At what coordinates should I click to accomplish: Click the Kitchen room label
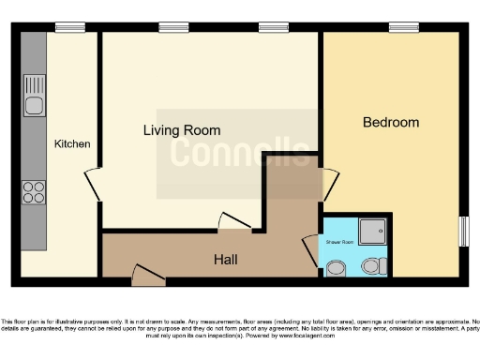tap(72, 143)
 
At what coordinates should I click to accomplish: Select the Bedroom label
tap(391, 123)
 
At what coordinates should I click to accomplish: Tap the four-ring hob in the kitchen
tap(35, 191)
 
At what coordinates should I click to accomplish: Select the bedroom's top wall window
tap(404, 27)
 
